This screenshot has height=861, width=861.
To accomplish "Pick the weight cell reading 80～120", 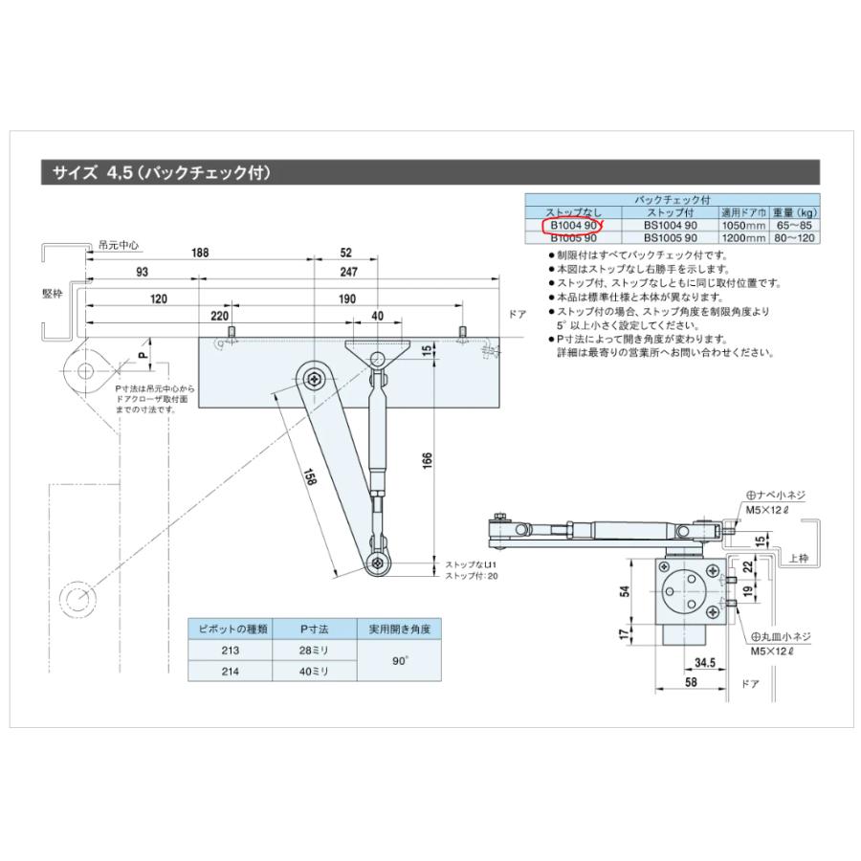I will point(797,237).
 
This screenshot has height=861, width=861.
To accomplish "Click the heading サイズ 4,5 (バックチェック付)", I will point(163,173).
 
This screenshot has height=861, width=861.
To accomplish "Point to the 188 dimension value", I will point(200,254).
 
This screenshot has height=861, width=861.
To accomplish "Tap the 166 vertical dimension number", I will point(427,461).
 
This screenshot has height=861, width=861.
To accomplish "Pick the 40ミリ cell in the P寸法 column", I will point(314,672).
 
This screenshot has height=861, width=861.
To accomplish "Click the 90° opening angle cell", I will point(400,660).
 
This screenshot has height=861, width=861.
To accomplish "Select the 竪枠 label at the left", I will point(52,295).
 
